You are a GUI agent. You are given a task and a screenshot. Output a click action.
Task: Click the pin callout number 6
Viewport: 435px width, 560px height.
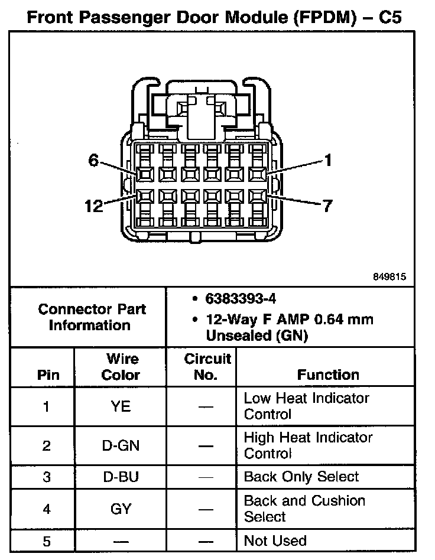[93, 160]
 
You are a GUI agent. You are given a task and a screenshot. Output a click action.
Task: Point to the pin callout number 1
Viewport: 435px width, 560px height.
[328, 160]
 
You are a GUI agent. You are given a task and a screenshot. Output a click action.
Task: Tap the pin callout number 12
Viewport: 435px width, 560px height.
[93, 206]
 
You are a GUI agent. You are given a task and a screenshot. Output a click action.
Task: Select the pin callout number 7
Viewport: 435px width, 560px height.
[327, 206]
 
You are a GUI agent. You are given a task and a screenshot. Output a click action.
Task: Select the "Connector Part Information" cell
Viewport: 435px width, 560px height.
[92, 317]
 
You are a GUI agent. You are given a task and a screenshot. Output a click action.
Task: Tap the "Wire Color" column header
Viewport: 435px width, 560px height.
[121, 366]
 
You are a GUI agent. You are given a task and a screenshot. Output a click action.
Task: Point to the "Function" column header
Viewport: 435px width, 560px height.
[328, 375]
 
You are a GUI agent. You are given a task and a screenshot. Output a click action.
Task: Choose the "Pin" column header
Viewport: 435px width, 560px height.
[48, 375]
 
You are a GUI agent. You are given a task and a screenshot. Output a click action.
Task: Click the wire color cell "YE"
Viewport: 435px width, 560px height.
[121, 406]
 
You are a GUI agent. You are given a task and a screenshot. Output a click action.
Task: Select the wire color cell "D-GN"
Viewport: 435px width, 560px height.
[121, 445]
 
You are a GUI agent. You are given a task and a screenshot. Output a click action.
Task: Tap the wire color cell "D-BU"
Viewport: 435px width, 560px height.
[121, 477]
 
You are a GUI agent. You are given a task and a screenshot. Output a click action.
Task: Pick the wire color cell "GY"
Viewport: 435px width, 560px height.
[121, 508]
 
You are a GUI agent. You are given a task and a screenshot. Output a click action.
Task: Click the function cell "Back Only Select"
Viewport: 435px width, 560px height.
[301, 477]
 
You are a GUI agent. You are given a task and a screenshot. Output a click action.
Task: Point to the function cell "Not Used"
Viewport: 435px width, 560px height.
[275, 541]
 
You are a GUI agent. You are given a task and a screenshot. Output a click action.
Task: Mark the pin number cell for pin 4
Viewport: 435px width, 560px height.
[47, 508]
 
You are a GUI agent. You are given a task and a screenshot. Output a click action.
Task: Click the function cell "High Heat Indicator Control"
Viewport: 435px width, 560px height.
[308, 445]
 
